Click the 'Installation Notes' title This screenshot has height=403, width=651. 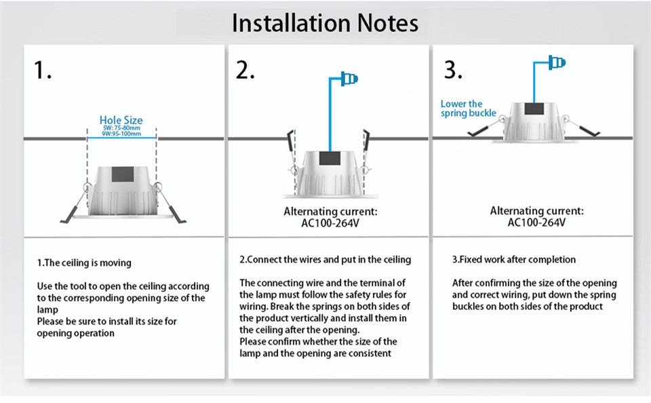[x=325, y=22]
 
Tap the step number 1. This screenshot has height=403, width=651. [x=43, y=70]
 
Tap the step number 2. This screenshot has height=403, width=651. [x=245, y=70]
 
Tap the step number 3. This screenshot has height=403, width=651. [x=453, y=70]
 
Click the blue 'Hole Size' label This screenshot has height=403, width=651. [x=121, y=120]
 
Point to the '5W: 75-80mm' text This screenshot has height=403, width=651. [x=121, y=128]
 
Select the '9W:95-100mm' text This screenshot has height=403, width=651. [x=121, y=134]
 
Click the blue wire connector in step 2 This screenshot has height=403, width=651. [x=351, y=79]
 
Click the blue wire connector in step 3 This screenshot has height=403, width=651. [x=558, y=63]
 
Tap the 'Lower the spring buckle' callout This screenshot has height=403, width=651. [x=468, y=109]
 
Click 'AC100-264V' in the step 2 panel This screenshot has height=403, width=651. [x=329, y=222]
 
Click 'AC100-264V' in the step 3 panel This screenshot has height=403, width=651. [x=536, y=222]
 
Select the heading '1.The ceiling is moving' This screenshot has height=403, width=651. [x=84, y=263]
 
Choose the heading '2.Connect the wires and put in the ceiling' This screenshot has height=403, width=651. [x=325, y=260]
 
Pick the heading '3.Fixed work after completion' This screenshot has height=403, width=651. [x=513, y=260]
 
